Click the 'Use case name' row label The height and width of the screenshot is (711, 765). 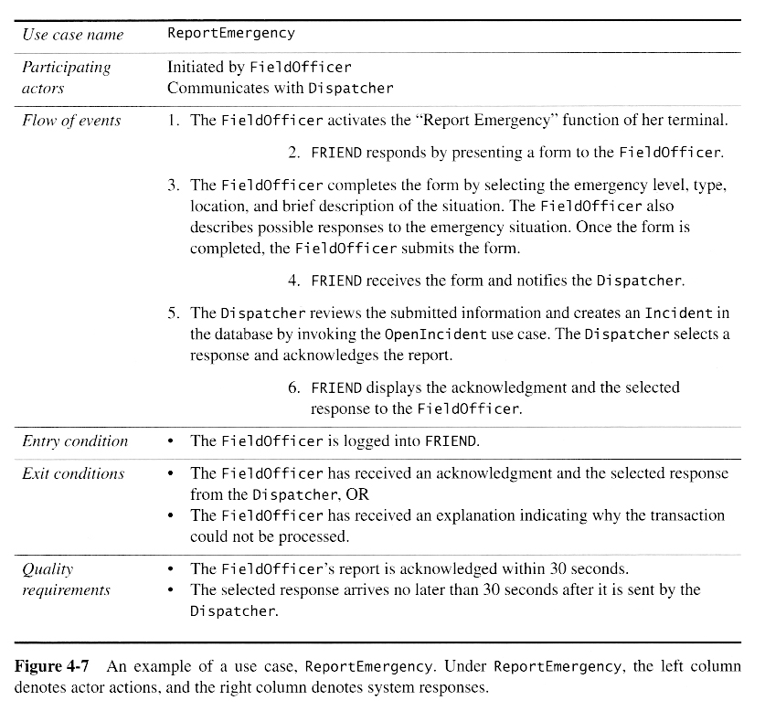point(72,35)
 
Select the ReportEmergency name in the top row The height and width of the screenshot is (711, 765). point(231,33)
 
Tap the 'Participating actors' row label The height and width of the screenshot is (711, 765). point(66,78)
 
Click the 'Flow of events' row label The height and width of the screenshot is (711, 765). point(71,121)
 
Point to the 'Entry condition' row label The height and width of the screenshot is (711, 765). point(75,441)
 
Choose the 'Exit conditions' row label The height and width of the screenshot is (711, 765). point(73,473)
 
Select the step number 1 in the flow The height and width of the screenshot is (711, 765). point(174,121)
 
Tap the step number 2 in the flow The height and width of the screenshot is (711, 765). point(294,153)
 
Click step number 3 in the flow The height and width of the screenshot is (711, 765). point(174,185)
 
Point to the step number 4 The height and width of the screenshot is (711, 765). point(294,281)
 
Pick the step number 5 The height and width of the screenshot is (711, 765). point(174,313)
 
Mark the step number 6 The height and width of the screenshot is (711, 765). point(294,387)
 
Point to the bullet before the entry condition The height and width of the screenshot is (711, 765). point(172,441)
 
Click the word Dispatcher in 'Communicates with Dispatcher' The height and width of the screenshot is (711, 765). point(351,89)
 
